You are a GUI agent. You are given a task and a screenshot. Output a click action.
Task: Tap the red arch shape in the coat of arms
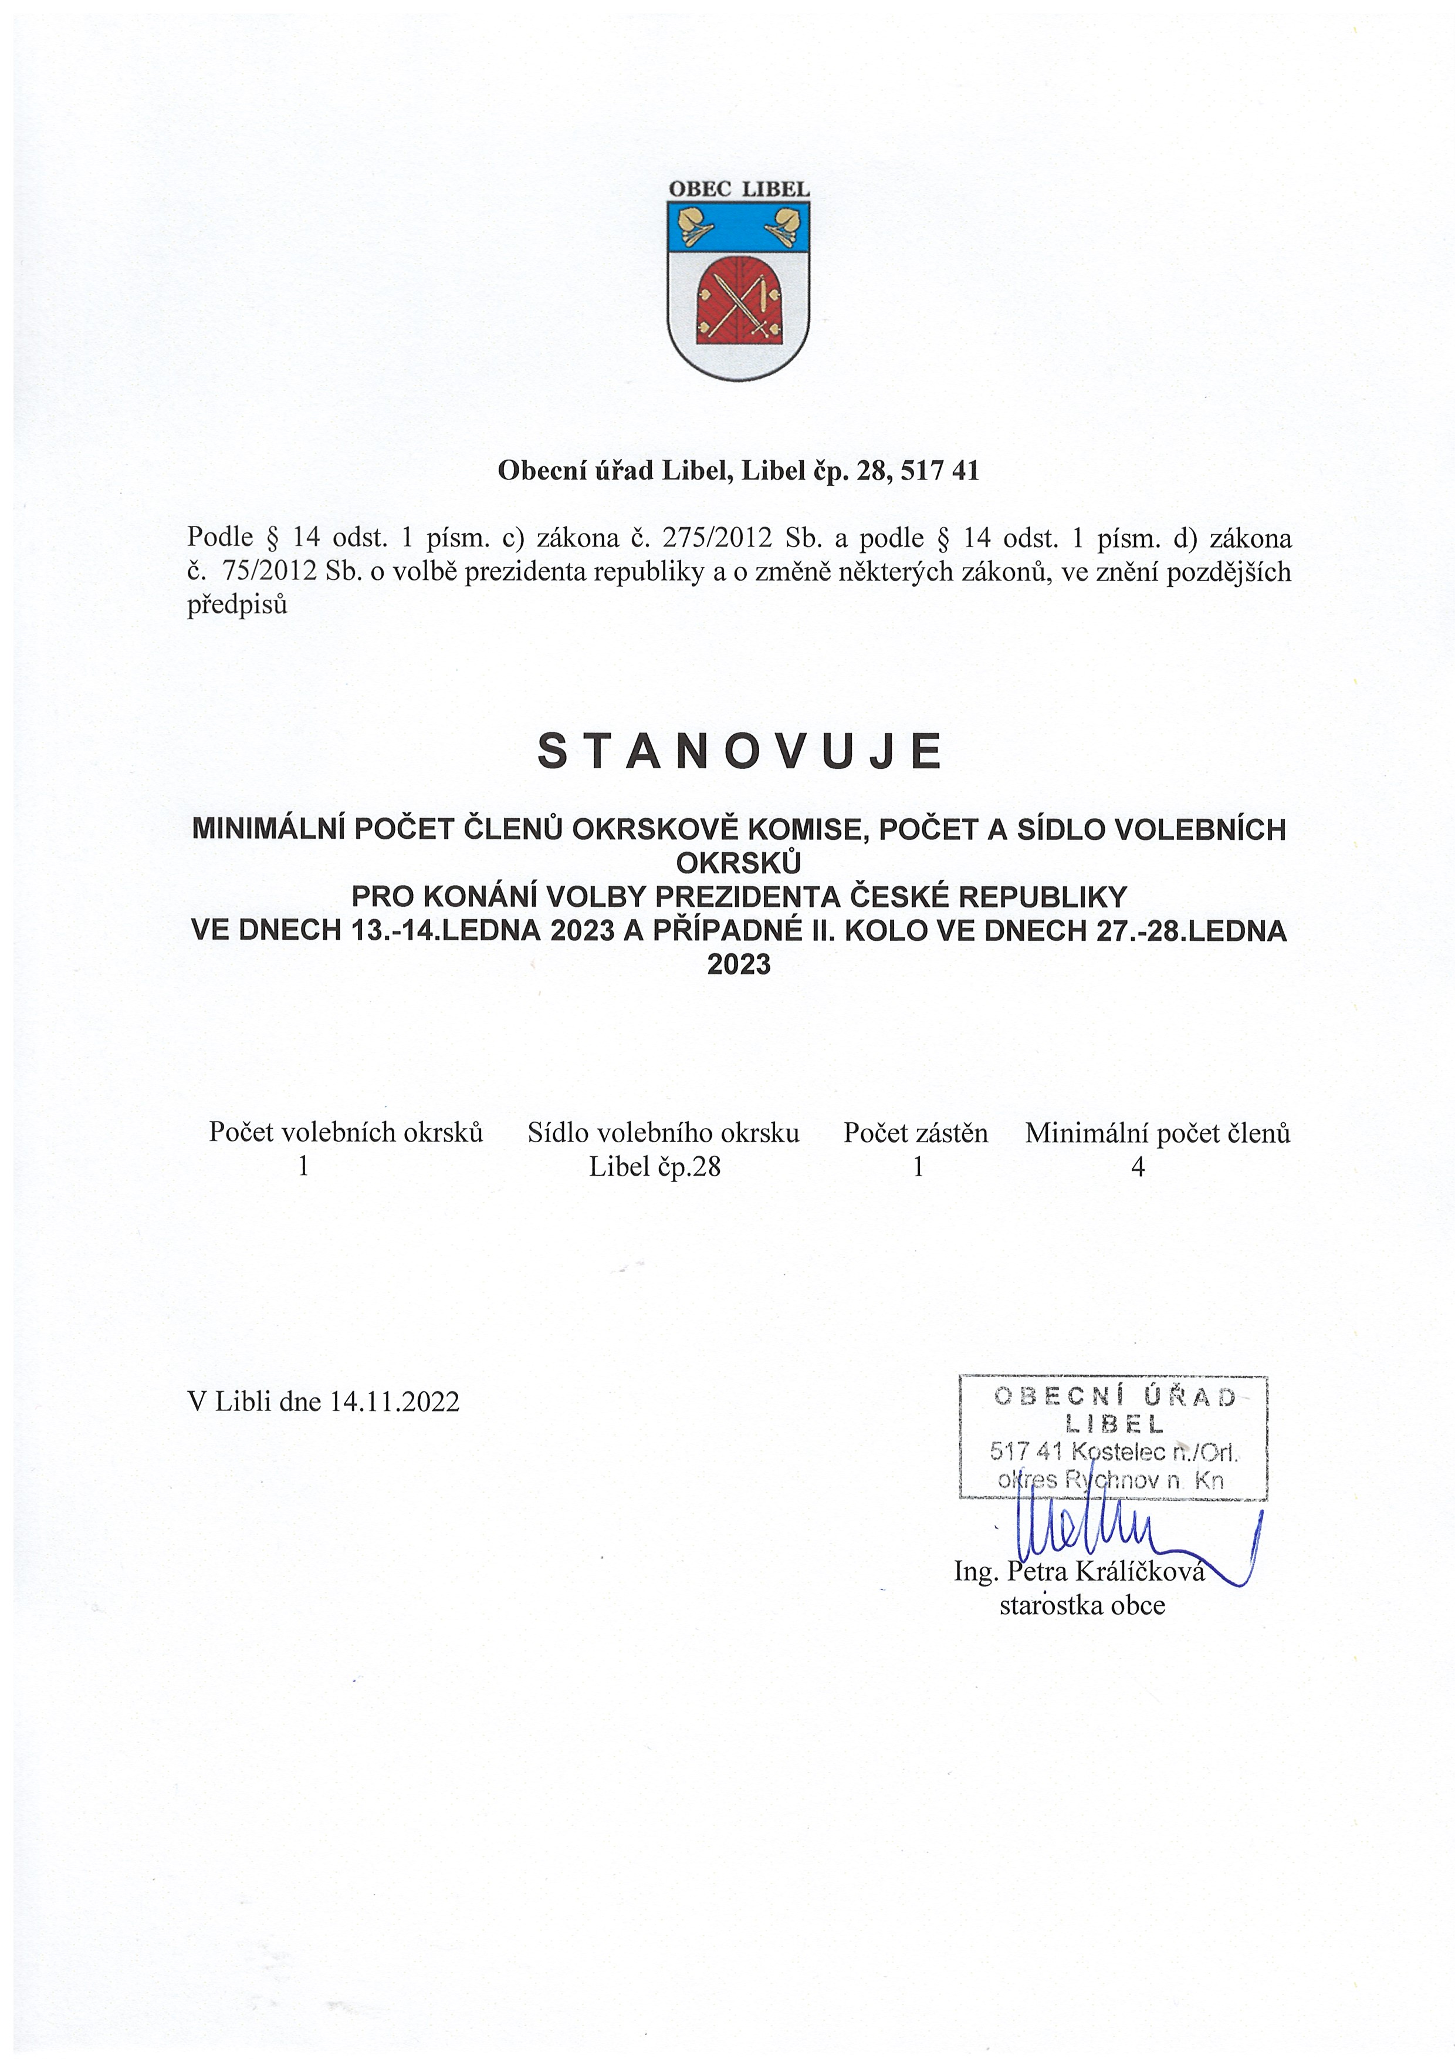(739, 299)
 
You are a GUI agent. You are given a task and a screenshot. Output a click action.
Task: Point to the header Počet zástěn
(915, 1133)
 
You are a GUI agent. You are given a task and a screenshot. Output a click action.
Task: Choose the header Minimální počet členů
(1158, 1133)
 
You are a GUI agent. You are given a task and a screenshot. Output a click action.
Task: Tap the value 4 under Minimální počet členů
(1138, 1167)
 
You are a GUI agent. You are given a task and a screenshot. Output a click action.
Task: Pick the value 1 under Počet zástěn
(917, 1167)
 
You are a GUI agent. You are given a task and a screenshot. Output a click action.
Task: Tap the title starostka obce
(1081, 1604)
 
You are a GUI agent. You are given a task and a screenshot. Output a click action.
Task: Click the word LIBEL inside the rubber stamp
(1114, 1423)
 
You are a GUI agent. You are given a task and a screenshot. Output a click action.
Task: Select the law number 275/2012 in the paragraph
(716, 538)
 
